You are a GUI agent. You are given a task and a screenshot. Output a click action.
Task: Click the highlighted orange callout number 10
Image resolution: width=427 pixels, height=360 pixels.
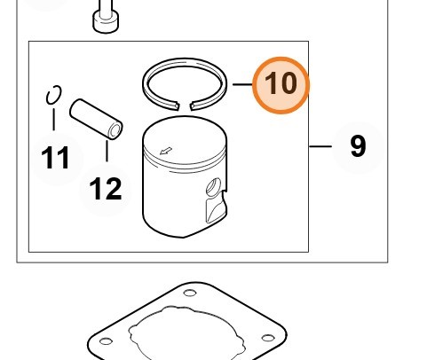click(281, 85)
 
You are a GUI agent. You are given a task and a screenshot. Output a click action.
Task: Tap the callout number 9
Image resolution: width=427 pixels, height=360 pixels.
click(358, 146)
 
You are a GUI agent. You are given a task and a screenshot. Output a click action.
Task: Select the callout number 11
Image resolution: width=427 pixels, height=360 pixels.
click(55, 158)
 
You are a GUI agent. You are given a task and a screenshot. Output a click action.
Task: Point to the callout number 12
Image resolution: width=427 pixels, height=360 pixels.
click(106, 189)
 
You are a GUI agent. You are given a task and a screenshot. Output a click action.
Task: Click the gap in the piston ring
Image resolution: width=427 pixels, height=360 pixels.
click(185, 106)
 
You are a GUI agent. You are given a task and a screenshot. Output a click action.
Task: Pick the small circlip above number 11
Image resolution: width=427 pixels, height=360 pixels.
click(54, 95)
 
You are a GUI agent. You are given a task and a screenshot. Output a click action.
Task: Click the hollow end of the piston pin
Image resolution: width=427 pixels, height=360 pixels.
click(115, 130)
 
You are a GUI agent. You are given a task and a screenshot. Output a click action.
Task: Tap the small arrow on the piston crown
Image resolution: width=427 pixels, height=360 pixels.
click(166, 151)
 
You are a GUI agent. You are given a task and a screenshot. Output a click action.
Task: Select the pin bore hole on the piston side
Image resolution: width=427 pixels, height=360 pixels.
click(214, 187)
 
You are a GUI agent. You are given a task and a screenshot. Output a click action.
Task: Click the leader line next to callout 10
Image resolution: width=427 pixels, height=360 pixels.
click(242, 84)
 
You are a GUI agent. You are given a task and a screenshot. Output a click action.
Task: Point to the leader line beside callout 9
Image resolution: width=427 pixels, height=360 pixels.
click(320, 146)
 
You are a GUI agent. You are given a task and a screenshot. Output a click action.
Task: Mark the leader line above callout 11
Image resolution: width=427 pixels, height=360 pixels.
click(53, 120)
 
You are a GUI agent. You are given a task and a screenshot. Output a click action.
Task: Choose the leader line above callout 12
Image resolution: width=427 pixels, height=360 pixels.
click(107, 151)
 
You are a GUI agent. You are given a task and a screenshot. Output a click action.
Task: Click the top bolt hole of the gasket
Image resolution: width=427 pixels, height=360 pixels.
click(190, 293)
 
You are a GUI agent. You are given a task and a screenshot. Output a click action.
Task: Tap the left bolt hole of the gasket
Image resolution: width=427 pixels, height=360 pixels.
click(106, 341)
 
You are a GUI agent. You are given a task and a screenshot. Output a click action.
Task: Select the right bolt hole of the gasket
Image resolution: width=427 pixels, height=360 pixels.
click(268, 338)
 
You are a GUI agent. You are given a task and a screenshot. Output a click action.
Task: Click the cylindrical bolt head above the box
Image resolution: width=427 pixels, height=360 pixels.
click(106, 21)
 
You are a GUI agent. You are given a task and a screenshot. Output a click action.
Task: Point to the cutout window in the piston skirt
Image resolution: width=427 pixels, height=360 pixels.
click(216, 209)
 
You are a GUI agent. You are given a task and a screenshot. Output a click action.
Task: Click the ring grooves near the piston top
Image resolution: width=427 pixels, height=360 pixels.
click(185, 162)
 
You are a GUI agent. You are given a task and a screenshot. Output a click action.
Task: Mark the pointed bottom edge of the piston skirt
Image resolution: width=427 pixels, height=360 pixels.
click(183, 237)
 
